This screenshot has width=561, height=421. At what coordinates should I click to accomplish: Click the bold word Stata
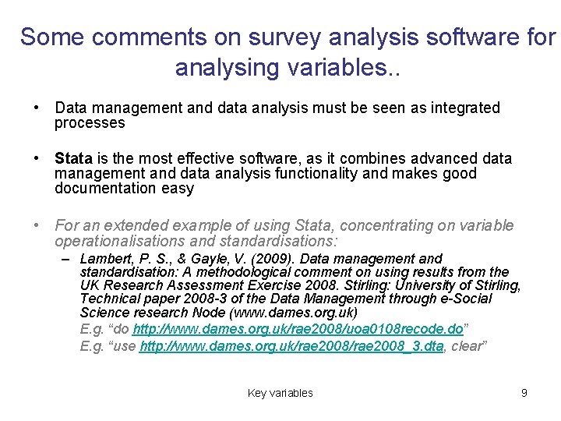click(x=72, y=159)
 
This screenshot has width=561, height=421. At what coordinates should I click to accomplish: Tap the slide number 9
click(x=524, y=393)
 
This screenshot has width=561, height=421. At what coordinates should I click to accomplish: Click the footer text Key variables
click(x=280, y=393)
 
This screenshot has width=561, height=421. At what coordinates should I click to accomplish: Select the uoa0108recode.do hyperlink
click(x=298, y=329)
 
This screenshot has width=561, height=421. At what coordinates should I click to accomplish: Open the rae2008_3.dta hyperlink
click(x=291, y=345)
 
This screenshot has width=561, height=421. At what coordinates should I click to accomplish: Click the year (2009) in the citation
click(x=270, y=259)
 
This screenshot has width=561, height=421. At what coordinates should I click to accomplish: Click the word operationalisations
click(x=121, y=241)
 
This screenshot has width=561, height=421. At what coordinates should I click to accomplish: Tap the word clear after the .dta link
click(x=468, y=345)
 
